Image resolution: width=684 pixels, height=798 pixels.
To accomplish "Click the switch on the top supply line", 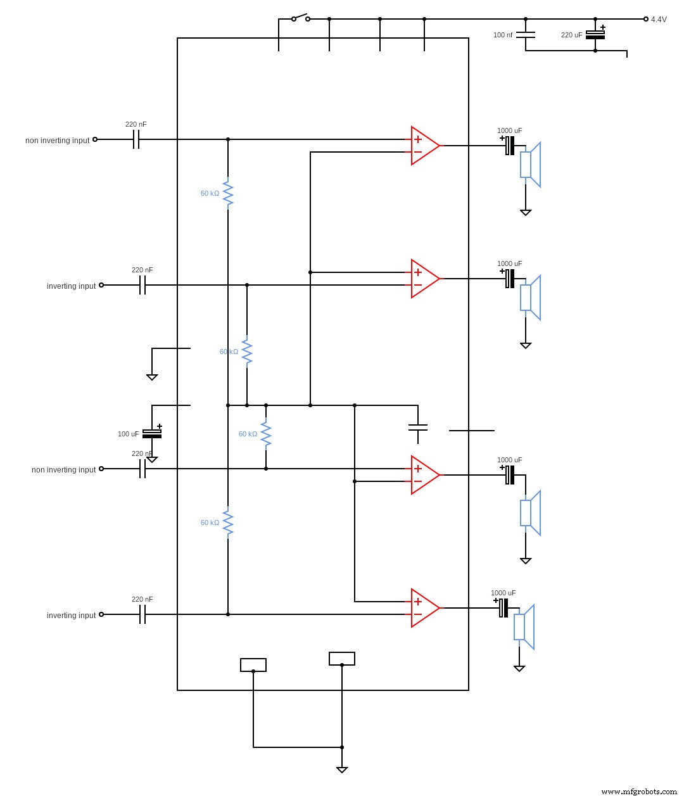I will (x=300, y=18).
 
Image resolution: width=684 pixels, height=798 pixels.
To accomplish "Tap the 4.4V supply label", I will (x=659, y=20).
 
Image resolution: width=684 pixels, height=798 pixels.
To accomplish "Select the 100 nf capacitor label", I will (x=503, y=35).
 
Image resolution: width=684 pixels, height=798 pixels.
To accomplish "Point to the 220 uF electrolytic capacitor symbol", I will (x=595, y=35).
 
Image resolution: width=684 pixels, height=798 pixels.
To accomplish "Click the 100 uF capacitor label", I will (x=128, y=434).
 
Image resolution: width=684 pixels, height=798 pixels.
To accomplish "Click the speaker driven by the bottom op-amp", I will (x=524, y=627).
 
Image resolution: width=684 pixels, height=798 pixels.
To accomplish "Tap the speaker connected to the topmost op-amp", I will (x=531, y=165).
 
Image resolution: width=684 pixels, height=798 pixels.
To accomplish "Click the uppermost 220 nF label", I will (x=136, y=124).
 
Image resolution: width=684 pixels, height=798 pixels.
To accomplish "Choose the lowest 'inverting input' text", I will (x=71, y=616).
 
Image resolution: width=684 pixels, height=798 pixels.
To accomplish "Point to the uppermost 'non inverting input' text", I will (x=57, y=141).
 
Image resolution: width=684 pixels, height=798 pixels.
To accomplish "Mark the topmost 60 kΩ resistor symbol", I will (x=228, y=193).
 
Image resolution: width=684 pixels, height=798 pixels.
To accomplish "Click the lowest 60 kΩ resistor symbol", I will (x=228, y=522).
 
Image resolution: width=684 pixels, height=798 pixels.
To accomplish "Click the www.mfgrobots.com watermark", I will (x=638, y=792).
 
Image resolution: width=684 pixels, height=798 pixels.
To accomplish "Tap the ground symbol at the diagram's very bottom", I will (x=342, y=769).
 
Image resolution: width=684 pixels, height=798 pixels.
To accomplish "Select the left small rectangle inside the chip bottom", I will (x=253, y=665).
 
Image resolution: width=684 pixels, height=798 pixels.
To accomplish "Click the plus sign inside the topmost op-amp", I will (x=417, y=139).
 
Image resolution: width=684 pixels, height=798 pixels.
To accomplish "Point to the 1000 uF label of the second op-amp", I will (x=509, y=263).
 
